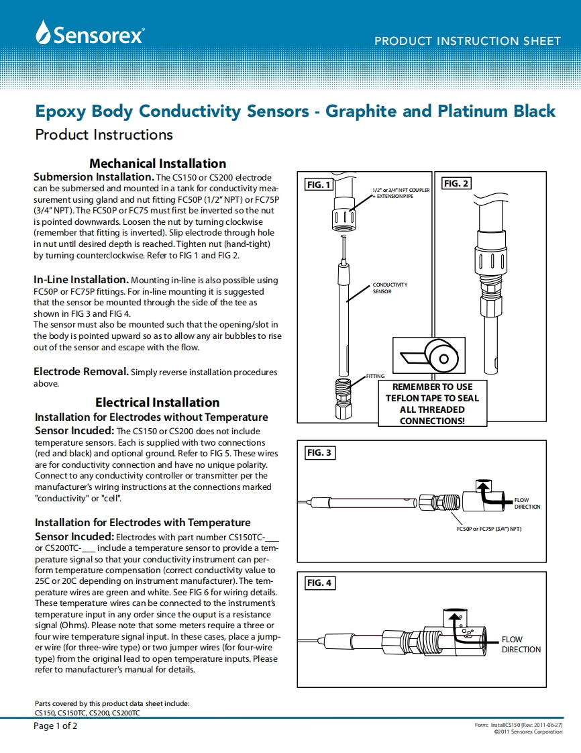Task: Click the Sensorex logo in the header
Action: pos(91,33)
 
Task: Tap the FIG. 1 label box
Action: pos(319,185)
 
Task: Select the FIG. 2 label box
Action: pos(456,183)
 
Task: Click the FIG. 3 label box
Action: pos(319,453)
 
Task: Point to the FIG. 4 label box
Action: pos(319,583)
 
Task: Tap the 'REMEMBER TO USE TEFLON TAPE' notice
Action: pos(432,404)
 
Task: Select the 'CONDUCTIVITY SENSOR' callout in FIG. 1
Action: pos(390,288)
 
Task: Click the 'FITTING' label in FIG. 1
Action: pos(376,376)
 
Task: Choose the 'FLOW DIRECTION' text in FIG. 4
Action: pos(521,644)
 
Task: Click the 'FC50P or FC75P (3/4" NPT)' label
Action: pos(488,530)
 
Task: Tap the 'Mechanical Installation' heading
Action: pos(158,163)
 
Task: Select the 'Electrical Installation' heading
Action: pos(158,402)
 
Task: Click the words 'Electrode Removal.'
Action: pos(81,371)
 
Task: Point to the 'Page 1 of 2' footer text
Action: pos(56,726)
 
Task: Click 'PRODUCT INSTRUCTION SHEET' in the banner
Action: pos(467,41)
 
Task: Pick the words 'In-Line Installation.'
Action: pos(81,279)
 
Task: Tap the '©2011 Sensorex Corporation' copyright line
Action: pos(528,732)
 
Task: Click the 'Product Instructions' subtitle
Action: pos(103,134)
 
